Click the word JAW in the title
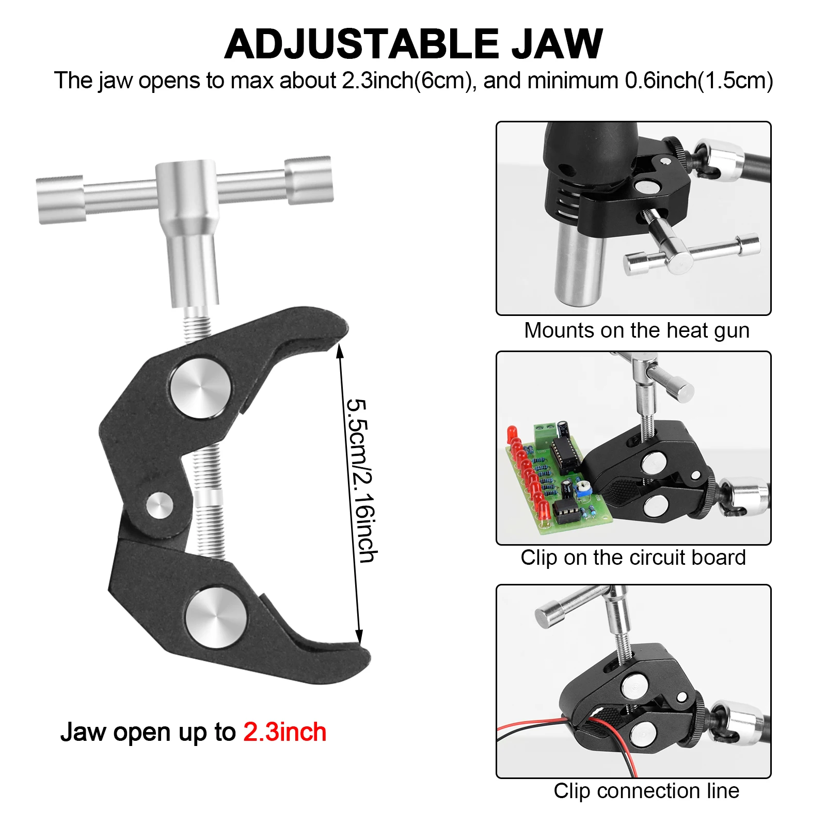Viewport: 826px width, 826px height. click(x=557, y=44)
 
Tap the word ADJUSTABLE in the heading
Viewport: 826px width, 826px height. click(x=361, y=44)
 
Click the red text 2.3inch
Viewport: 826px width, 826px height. click(x=284, y=732)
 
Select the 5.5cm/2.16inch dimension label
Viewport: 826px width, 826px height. click(x=361, y=480)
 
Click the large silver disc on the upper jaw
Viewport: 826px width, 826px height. click(x=200, y=388)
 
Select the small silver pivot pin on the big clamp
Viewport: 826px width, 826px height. click(x=159, y=505)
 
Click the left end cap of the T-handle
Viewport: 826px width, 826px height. click(x=60, y=200)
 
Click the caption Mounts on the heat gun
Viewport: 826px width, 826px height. click(x=636, y=330)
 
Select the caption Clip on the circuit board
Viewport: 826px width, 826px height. click(x=633, y=558)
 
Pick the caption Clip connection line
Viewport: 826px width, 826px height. click(x=646, y=791)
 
